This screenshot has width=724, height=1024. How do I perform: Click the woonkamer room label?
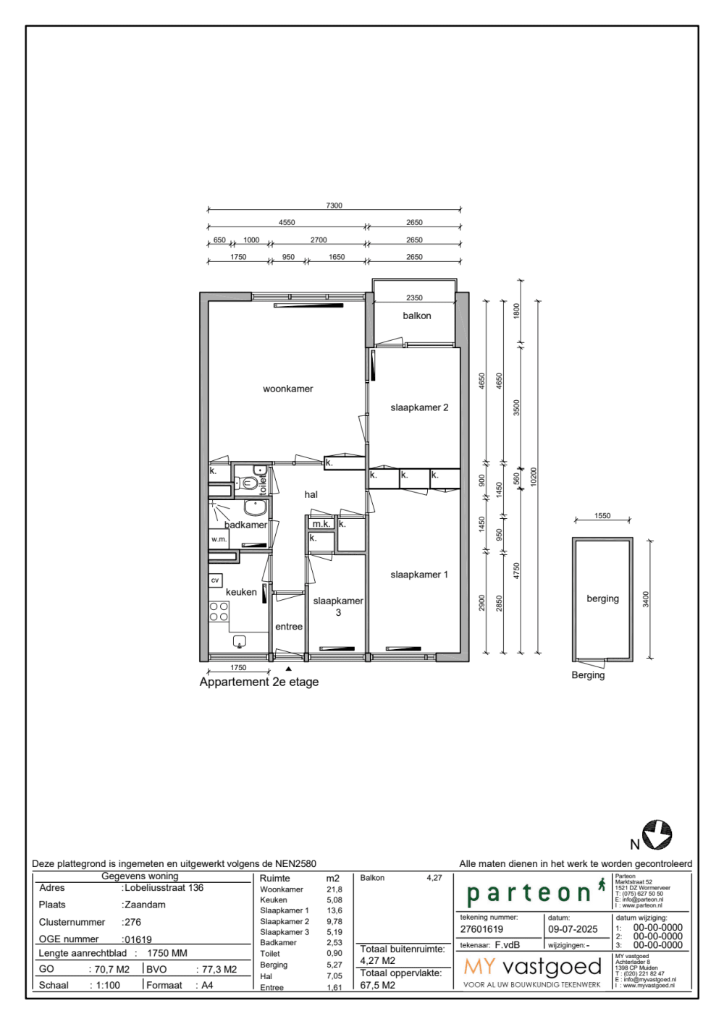tap(287, 389)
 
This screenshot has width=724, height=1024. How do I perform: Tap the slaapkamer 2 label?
tap(419, 408)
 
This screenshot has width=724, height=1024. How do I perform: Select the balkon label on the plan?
tap(417, 316)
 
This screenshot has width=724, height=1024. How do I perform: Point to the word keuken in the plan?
tap(241, 592)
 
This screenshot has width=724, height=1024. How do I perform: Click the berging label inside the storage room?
tap(602, 599)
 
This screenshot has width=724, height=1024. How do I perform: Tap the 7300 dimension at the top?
tap(334, 206)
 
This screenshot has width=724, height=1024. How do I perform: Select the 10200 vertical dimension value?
tap(534, 476)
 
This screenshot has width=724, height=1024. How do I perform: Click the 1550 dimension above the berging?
tap(602, 516)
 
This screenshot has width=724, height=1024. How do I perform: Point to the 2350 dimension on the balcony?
tap(414, 297)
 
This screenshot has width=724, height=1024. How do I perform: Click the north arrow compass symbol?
tap(657, 834)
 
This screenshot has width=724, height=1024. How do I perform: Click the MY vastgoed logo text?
tap(533, 967)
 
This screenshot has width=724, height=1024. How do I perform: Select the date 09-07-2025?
tap(573, 929)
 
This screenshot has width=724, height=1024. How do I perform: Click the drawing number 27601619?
tap(481, 929)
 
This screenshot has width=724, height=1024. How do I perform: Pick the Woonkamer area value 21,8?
tap(334, 889)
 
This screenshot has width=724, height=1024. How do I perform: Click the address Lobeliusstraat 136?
tap(164, 888)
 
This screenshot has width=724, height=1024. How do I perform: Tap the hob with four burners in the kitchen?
tap(219, 612)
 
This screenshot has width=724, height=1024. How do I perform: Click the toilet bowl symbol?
tap(250, 483)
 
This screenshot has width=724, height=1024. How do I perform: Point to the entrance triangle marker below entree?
tap(289, 669)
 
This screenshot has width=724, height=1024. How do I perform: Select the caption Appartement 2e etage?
tap(259, 682)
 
